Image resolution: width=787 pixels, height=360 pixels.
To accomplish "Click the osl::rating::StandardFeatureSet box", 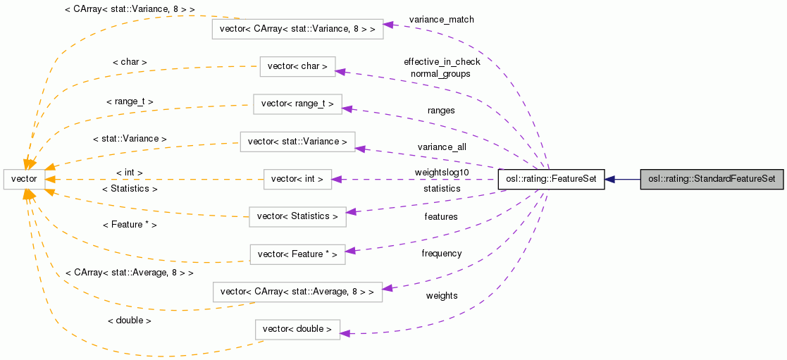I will click(x=711, y=179).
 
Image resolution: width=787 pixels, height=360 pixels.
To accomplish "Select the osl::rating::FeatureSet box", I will click(x=551, y=179).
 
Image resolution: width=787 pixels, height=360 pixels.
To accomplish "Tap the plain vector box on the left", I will click(x=24, y=179).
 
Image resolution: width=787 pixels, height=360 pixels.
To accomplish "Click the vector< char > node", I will click(x=297, y=66).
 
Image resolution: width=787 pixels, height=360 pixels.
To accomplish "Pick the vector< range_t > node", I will click(x=297, y=104).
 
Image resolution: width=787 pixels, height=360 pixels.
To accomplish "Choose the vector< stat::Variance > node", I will click(x=297, y=142).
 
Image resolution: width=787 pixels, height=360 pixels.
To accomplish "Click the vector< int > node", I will click(x=297, y=179).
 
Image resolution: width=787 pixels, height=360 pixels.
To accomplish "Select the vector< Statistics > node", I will click(x=297, y=216).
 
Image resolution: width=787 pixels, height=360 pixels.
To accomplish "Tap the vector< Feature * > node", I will click(x=297, y=254).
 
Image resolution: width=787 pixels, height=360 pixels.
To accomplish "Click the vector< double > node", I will click(x=297, y=329).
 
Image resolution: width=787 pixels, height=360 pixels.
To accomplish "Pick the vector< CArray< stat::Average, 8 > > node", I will click(x=297, y=292).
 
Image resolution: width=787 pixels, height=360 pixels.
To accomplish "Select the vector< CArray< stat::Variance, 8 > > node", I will click(x=297, y=29).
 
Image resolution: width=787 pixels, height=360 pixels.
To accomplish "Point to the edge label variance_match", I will click(x=441, y=20).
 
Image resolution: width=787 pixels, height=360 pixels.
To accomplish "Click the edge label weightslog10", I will click(x=442, y=173).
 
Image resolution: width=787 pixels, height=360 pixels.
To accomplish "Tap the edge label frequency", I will click(x=442, y=254).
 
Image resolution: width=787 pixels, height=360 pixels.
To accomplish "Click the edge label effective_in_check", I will click(x=442, y=62).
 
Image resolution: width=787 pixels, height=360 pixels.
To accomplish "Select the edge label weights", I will click(x=442, y=296).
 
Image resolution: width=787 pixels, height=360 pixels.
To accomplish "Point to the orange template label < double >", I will click(x=129, y=321).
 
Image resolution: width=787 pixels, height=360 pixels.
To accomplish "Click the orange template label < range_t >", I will click(x=130, y=101).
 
